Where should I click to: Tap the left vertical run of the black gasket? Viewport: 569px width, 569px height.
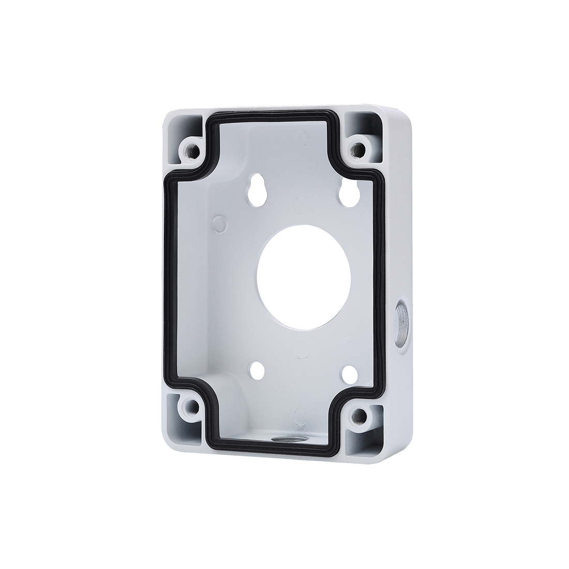168,279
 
